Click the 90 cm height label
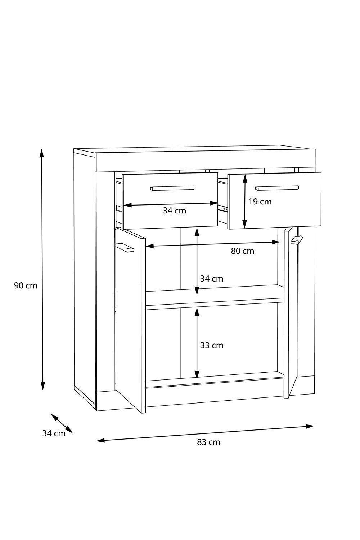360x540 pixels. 26,286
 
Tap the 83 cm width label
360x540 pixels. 208,442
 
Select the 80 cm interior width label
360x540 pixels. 242,251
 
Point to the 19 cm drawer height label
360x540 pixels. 260,202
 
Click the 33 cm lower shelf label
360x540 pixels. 212,345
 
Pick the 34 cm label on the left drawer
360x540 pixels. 174,211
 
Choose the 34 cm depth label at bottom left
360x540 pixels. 54,433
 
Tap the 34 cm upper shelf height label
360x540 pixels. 212,279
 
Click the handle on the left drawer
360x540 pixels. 172,188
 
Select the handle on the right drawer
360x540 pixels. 277,188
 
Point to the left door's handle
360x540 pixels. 125,247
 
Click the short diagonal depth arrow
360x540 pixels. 62,423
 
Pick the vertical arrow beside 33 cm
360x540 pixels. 197,344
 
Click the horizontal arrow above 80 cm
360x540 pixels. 212,244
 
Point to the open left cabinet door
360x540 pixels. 131,320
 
